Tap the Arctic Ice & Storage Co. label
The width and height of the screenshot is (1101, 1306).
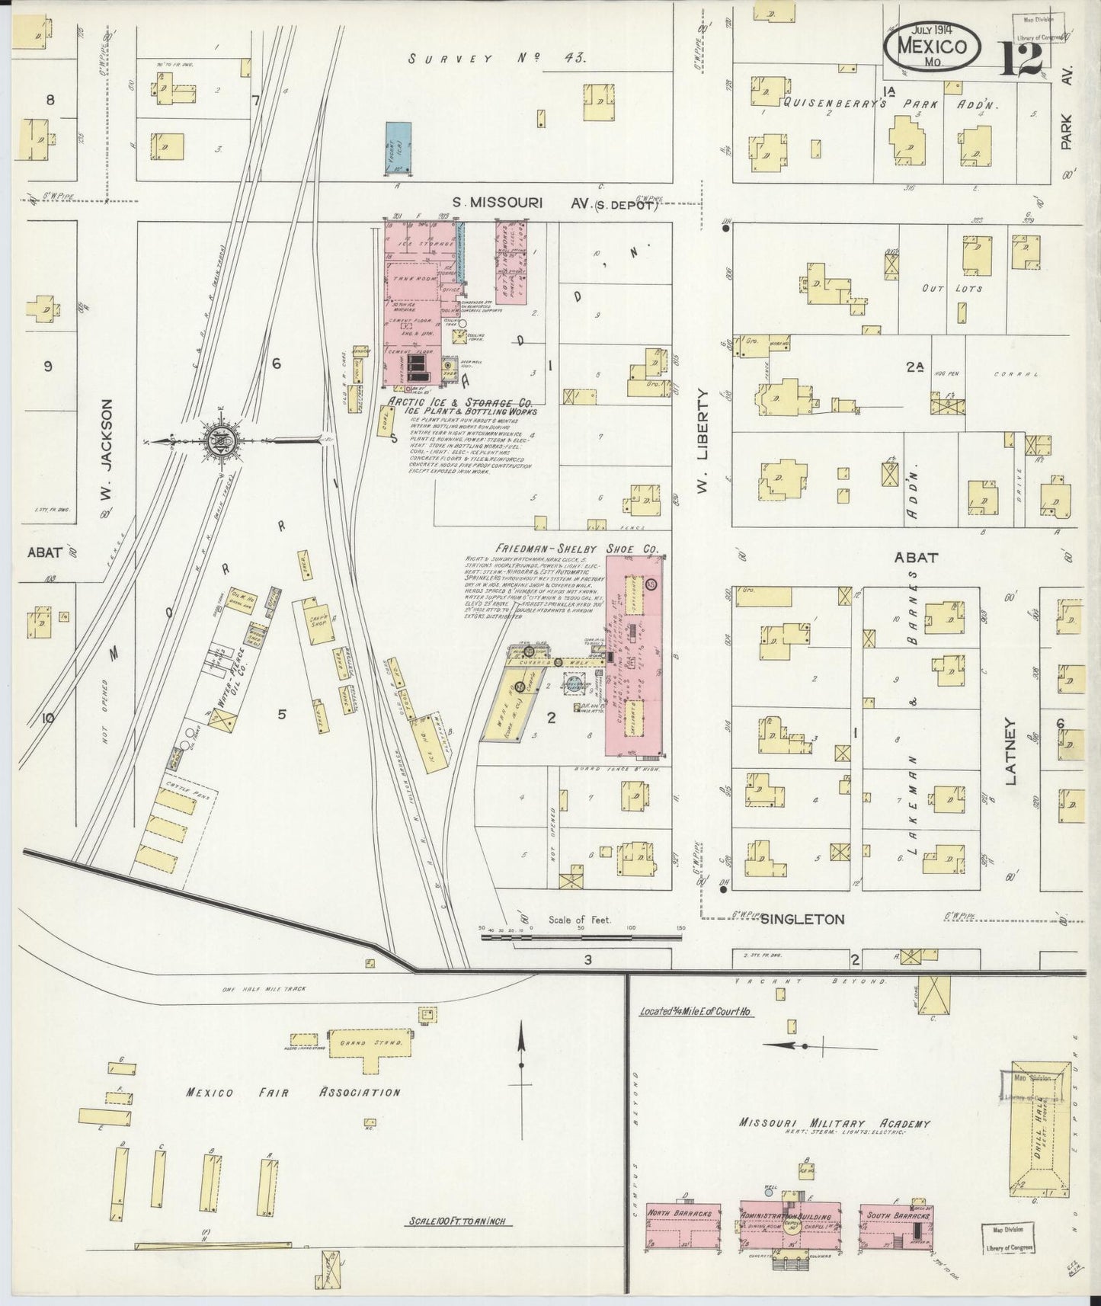460,402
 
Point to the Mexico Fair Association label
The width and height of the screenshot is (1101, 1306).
292,1093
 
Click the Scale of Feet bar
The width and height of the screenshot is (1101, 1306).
581,938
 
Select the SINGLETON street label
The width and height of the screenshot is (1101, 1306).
802,920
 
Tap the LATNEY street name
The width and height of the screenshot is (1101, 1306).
1011,751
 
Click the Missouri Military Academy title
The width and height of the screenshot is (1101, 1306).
834,1123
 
